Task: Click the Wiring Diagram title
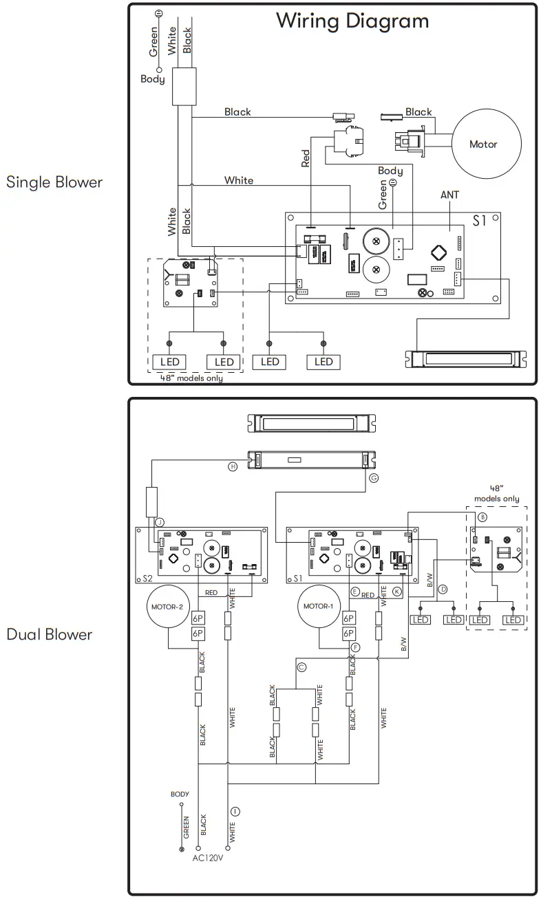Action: point(352,21)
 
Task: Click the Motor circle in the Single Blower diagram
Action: point(483,144)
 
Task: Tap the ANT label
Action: point(449,195)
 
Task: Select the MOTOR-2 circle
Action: point(168,607)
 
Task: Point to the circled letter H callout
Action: point(233,466)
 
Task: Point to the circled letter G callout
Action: point(374,477)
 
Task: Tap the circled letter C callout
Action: point(301,667)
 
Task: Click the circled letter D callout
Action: point(443,589)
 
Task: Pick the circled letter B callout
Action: point(482,517)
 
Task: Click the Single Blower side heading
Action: point(54,182)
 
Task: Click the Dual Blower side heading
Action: point(50,634)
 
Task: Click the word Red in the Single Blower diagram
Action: point(306,158)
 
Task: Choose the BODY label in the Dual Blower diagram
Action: point(180,794)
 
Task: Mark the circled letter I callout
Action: point(235,811)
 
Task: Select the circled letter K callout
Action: point(397,591)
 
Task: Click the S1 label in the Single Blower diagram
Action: point(480,221)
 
